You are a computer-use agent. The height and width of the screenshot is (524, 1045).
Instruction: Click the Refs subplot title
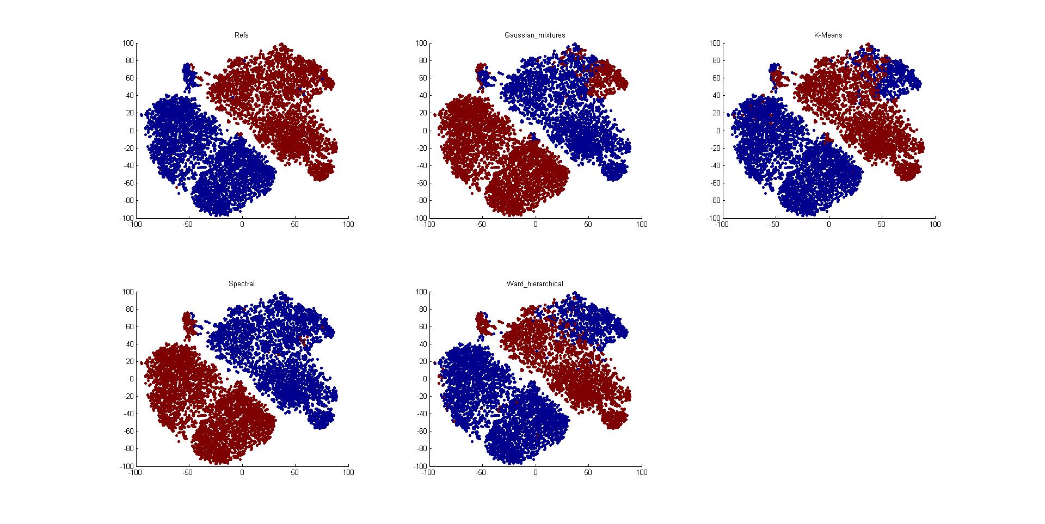tap(242, 35)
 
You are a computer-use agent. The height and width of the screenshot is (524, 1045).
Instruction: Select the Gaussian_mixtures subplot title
tap(534, 35)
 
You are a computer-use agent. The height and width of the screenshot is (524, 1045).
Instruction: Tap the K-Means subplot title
tap(828, 35)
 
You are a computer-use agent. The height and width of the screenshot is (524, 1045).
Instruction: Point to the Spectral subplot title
tap(242, 284)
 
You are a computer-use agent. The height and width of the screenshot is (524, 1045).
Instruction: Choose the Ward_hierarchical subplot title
tap(534, 284)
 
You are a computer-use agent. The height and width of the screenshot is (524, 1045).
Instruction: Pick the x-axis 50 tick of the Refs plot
tap(295, 224)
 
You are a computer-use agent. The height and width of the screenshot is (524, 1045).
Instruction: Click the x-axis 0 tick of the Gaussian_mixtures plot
tap(535, 224)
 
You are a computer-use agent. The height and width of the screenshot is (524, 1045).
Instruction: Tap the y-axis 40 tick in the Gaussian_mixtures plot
tap(422, 96)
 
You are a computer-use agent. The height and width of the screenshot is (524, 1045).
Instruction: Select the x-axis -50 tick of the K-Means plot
tap(774, 224)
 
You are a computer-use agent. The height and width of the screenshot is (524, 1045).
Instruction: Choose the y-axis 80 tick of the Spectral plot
tap(129, 310)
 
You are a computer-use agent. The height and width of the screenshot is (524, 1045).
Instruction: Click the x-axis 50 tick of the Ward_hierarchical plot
tap(588, 473)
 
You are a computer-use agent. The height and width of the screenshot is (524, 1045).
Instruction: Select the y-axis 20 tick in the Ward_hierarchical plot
tap(422, 362)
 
